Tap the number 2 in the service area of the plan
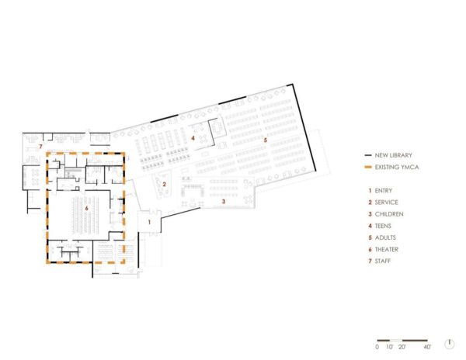coord(165,184)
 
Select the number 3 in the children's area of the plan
coord(224,201)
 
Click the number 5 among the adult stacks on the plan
coord(265,140)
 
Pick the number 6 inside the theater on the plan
coord(87,208)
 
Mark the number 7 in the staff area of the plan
coord(40,146)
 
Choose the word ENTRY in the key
coord(384,190)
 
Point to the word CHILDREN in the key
coord(389,213)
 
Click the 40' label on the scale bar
coord(427,347)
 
